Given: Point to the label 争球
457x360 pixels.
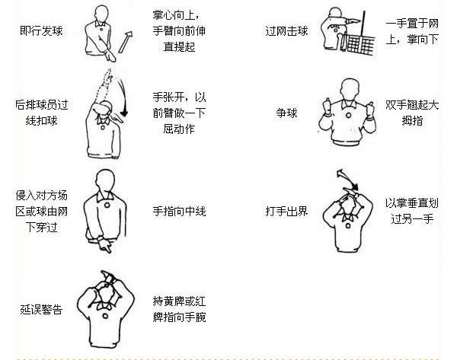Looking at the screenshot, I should (286, 113).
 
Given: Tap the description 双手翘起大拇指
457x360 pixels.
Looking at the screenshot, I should (412, 113).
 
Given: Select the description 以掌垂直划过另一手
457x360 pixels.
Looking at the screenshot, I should (412, 209).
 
